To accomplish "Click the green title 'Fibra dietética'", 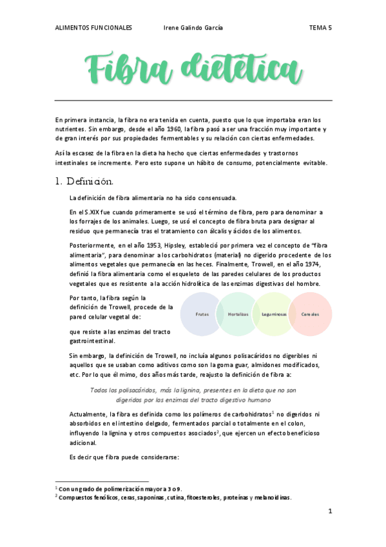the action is (193, 67).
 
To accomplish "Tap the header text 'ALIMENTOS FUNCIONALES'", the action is (93, 28).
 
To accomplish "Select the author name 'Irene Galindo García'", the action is (194, 28).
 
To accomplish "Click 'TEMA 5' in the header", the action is (320, 28).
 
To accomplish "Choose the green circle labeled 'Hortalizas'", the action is (238, 314).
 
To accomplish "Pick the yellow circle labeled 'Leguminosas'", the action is (275, 314).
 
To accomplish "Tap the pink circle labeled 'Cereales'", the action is (311, 314).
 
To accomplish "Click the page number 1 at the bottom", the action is (329, 512).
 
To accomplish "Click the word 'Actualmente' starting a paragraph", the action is (88, 413).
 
